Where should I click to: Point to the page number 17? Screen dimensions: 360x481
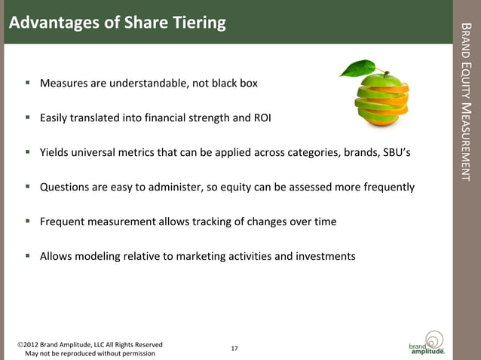(x=234, y=348)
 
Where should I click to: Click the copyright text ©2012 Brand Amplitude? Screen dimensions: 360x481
(x=90, y=344)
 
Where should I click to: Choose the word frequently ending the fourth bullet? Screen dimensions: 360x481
(x=385, y=187)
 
